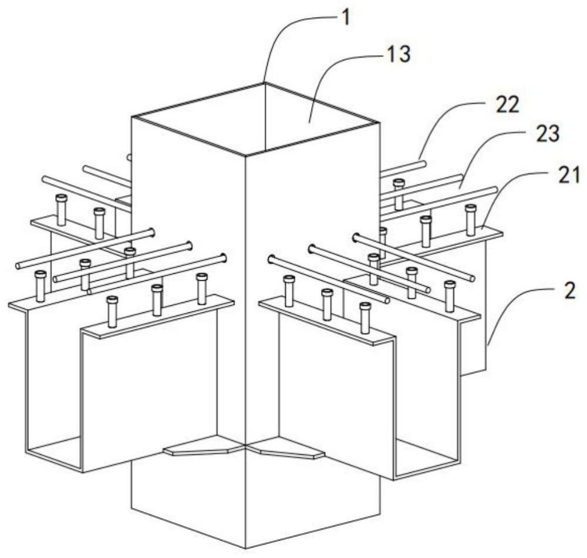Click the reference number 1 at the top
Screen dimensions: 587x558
347,18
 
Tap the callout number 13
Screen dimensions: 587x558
399,54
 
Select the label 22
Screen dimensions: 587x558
508,105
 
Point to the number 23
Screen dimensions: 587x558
548,134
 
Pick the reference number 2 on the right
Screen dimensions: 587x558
569,291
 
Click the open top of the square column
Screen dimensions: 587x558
255,118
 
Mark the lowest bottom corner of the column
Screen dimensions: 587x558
245,549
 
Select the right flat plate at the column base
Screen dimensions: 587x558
286,448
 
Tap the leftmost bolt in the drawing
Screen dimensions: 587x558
41,286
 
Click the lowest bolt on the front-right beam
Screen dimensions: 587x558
365,318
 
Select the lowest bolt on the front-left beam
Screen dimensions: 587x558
112,311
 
